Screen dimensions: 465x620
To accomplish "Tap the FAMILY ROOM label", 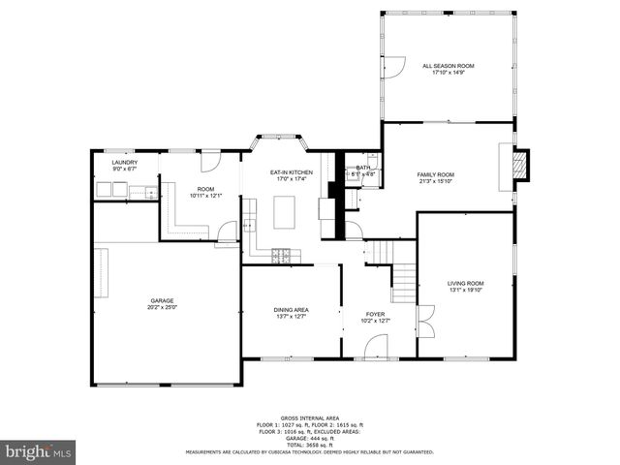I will coord(435,174).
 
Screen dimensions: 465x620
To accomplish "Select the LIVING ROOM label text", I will coord(466,283).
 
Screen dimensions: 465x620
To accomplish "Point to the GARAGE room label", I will coord(162,300).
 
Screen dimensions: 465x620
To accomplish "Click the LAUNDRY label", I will coord(124,162).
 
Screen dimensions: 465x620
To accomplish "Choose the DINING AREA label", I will coord(291,309).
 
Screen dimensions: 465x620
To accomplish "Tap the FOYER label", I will coord(375,314).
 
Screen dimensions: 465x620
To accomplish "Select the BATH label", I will coord(363,168).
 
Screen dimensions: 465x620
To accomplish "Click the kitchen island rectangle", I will coord(284,212).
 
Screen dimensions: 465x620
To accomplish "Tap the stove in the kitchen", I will coord(280,256).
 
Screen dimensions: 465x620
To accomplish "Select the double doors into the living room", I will coord(423,320).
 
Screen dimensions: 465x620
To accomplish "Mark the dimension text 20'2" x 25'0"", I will coord(162,307).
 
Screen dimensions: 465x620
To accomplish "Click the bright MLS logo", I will coord(39,451).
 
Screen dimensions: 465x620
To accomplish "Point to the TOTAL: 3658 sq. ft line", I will coord(310,445).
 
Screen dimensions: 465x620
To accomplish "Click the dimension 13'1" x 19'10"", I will coord(466,290).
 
